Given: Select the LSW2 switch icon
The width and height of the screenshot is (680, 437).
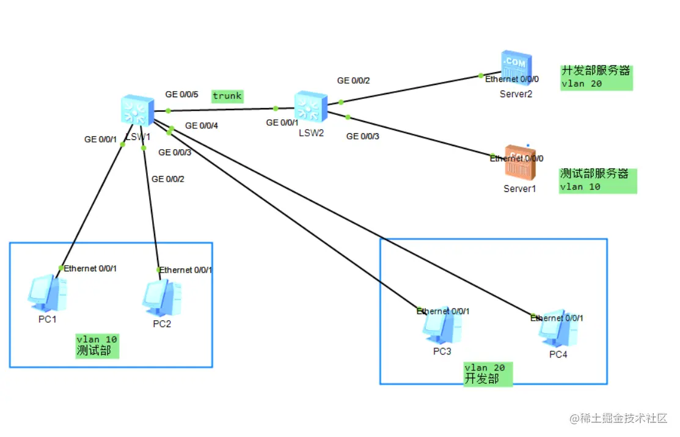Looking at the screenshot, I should point(310,107).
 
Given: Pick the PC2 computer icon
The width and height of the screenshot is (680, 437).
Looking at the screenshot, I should point(161,297).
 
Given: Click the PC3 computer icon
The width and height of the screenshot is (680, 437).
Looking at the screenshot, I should point(441,327).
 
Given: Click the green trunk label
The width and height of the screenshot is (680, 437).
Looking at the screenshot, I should point(227,96).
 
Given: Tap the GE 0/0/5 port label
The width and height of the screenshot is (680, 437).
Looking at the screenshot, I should point(182,95).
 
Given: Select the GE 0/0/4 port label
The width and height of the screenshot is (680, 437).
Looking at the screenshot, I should point(202,126).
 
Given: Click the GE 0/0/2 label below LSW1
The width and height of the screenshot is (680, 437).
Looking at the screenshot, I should point(168,179).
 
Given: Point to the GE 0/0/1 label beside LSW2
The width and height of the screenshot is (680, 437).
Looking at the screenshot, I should point(282,123).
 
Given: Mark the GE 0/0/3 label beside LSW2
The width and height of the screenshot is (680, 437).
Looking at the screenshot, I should point(363,136).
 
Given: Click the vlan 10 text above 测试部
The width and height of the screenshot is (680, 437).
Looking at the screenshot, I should point(97,339).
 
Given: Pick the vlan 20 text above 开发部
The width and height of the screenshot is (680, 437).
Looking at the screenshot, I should point(484,367).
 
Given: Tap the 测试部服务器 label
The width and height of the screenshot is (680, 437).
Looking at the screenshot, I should point(594,174).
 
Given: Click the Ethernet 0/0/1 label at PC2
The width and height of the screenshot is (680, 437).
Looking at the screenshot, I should point(186,270).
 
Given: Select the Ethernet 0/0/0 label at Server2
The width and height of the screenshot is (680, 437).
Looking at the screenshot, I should point(512,79).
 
